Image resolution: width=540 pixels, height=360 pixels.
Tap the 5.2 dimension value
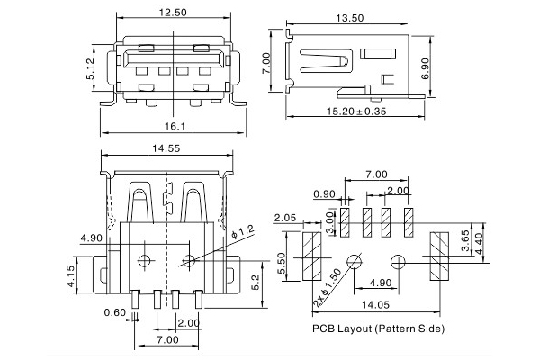click(256, 283)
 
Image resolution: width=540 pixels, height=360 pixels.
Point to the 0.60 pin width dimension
click(114, 312)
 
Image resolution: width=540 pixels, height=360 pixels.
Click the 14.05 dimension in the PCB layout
click(376, 303)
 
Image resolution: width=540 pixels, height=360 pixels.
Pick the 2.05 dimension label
click(285, 218)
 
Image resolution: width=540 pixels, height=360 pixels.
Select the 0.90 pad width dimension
click(325, 195)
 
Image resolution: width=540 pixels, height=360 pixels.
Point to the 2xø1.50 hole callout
click(327, 285)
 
